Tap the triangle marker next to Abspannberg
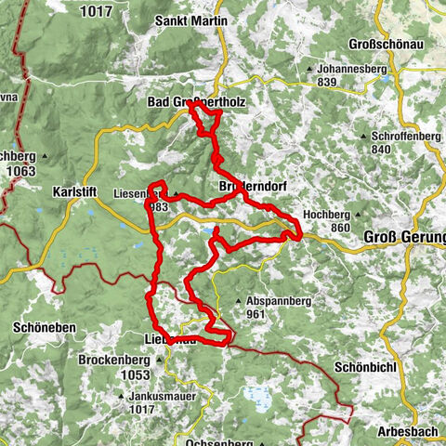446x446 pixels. tap(239, 301)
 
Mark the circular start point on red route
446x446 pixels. tap(216, 160)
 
